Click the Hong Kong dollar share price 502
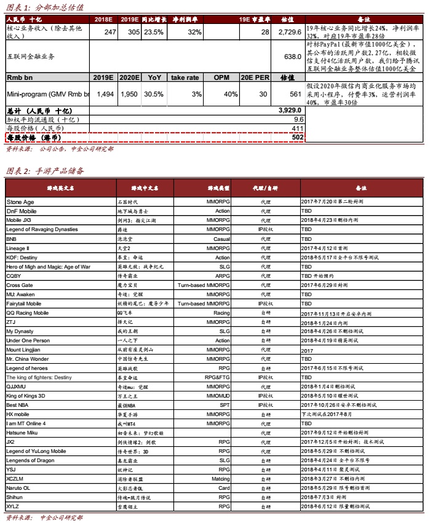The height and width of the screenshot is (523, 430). pyautogui.click(x=298, y=138)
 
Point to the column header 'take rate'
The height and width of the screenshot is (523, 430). pyautogui.click(x=185, y=78)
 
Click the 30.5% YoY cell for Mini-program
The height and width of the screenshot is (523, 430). pyautogui.click(x=154, y=94)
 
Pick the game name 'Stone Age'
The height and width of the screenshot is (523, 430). pyautogui.click(x=20, y=202)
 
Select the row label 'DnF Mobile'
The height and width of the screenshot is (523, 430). pyautogui.click(x=22, y=211)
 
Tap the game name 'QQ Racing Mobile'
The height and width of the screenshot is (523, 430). pyautogui.click(x=27, y=313)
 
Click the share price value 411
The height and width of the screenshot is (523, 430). pyautogui.click(x=298, y=128)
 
